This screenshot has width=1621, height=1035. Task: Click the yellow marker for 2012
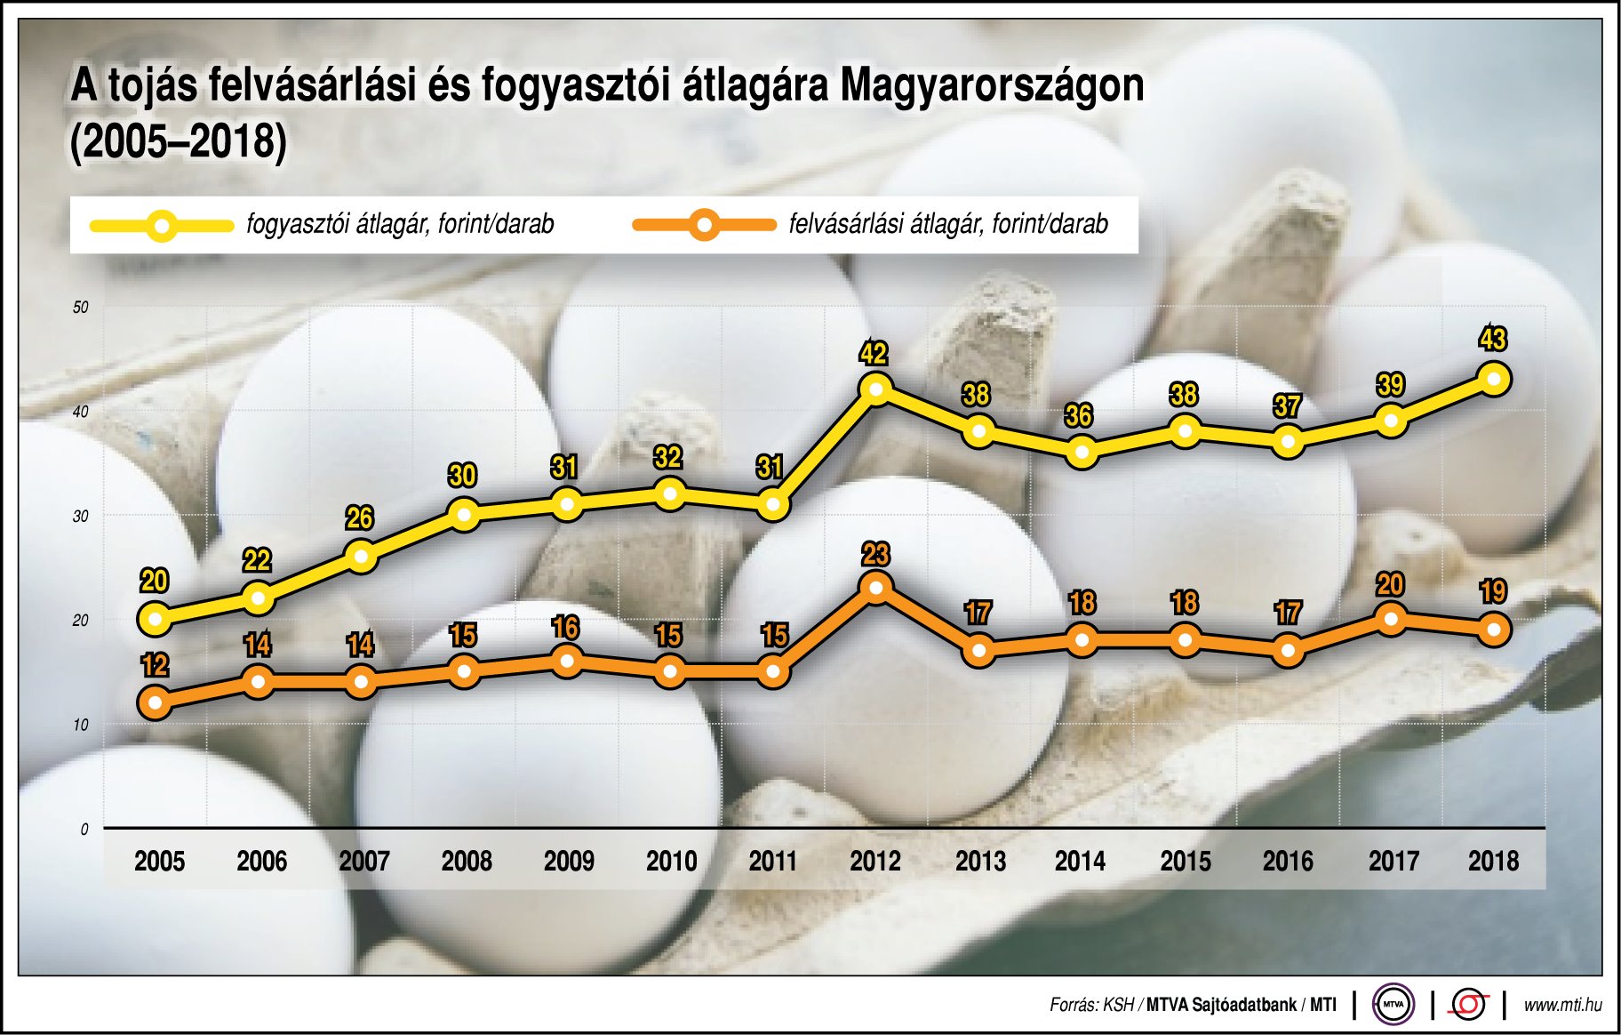(x=876, y=389)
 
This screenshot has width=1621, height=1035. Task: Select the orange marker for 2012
(x=876, y=588)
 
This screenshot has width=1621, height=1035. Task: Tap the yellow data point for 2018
(x=1494, y=380)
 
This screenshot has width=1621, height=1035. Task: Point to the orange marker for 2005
(x=155, y=703)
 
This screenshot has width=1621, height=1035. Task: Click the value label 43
(x=1493, y=339)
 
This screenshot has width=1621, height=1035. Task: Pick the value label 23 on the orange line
(x=875, y=555)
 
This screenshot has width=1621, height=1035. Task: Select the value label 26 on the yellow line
(x=359, y=517)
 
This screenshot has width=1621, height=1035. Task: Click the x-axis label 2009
(x=569, y=861)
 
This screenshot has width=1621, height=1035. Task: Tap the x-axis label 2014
(x=1080, y=861)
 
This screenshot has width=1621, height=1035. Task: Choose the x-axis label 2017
(x=1393, y=861)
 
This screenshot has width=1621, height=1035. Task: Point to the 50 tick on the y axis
(x=81, y=308)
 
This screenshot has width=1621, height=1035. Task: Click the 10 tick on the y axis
(x=81, y=725)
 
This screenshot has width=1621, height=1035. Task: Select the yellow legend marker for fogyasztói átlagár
(x=162, y=225)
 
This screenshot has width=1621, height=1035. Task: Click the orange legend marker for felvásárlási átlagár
(x=704, y=225)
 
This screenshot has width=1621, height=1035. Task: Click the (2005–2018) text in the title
(x=179, y=142)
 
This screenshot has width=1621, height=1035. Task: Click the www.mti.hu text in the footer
(x=1562, y=1005)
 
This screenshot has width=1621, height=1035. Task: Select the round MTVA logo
(x=1393, y=1005)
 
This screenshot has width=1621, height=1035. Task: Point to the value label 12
(x=155, y=665)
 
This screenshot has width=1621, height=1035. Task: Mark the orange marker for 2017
(x=1391, y=619)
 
